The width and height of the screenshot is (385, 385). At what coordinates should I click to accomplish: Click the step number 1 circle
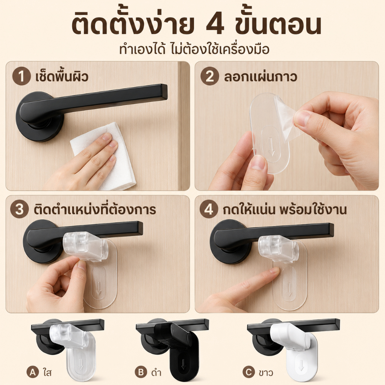21,76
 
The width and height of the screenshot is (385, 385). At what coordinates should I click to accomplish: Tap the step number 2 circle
209,76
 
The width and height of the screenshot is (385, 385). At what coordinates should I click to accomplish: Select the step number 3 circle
20,209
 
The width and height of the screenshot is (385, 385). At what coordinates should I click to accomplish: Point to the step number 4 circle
209,209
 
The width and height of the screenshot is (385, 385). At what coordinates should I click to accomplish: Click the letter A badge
33,372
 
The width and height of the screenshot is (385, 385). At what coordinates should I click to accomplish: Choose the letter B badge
141,372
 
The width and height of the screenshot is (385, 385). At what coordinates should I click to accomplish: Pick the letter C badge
249,372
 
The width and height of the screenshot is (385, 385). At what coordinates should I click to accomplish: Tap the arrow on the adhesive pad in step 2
271,146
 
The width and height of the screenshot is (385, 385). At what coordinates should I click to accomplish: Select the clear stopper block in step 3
86,247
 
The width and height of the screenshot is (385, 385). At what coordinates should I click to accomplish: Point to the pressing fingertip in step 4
274,271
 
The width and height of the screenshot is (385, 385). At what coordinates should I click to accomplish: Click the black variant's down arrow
183,365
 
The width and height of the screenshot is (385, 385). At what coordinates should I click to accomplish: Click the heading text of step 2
261,76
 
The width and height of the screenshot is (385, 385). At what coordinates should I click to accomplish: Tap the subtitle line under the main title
194,50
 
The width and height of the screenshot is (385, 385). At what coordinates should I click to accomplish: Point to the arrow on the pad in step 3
99,288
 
